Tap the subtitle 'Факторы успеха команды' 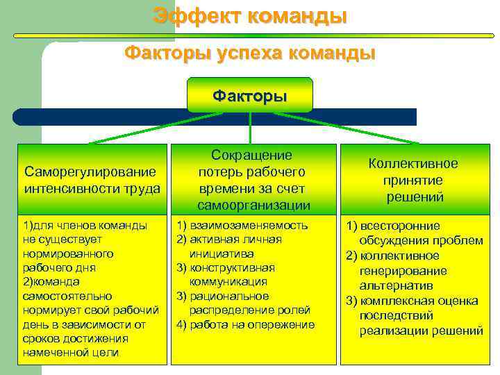pyautogui.click(x=250, y=53)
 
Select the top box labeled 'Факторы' pyautogui.click(x=249, y=95)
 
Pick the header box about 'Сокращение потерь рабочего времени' pyautogui.click(x=253, y=179)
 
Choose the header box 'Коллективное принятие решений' pyautogui.click(x=413, y=179)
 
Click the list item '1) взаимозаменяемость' pyautogui.click(x=242, y=225)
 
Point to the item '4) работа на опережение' pyautogui.click(x=246, y=324)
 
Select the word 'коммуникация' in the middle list pyautogui.click(x=228, y=282)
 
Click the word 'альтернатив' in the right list pyautogui.click(x=396, y=285)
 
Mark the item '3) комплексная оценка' pyautogui.click(x=412, y=301)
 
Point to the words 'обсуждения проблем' pyautogui.click(x=421, y=240)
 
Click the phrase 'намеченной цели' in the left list pyautogui.click(x=71, y=353)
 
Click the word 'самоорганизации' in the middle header pyautogui.click(x=253, y=205)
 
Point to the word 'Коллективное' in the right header pyautogui.click(x=413, y=164)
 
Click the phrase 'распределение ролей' pyautogui.click(x=250, y=310)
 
